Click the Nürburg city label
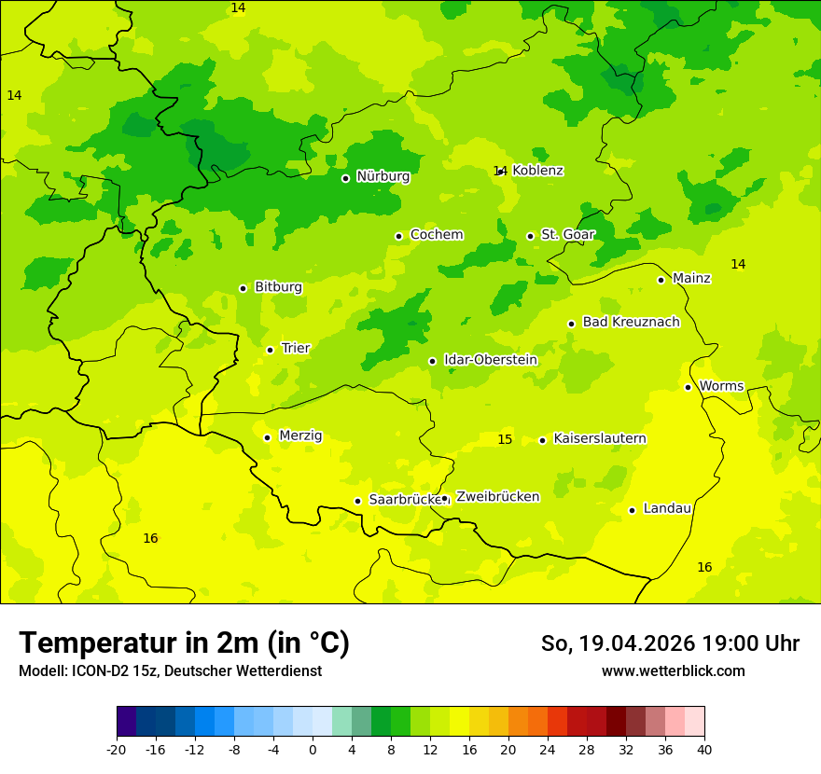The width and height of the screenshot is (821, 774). click(x=383, y=176)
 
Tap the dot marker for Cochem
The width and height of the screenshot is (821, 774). click(x=398, y=236)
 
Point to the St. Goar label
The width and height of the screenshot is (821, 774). click(x=567, y=234)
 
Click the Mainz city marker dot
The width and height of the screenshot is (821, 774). click(x=661, y=280)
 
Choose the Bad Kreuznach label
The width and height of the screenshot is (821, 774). click(x=631, y=322)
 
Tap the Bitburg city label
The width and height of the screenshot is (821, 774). click(x=278, y=287)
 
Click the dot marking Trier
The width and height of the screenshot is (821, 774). click(x=270, y=350)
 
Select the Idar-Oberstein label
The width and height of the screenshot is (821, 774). click(x=490, y=360)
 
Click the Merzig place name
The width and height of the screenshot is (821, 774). click(x=300, y=435)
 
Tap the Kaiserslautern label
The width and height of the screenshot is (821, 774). click(x=599, y=438)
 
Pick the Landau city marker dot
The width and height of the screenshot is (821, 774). click(x=632, y=510)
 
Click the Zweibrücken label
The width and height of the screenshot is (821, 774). click(x=497, y=497)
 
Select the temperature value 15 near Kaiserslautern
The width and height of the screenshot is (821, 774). click(x=505, y=439)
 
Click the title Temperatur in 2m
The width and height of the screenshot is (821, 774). click(x=184, y=643)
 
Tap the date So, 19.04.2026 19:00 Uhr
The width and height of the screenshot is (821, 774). click(x=670, y=643)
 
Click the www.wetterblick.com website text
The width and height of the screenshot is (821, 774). click(x=673, y=670)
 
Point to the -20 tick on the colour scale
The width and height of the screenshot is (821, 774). click(x=117, y=750)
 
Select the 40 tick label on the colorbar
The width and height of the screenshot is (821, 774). click(x=704, y=750)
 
